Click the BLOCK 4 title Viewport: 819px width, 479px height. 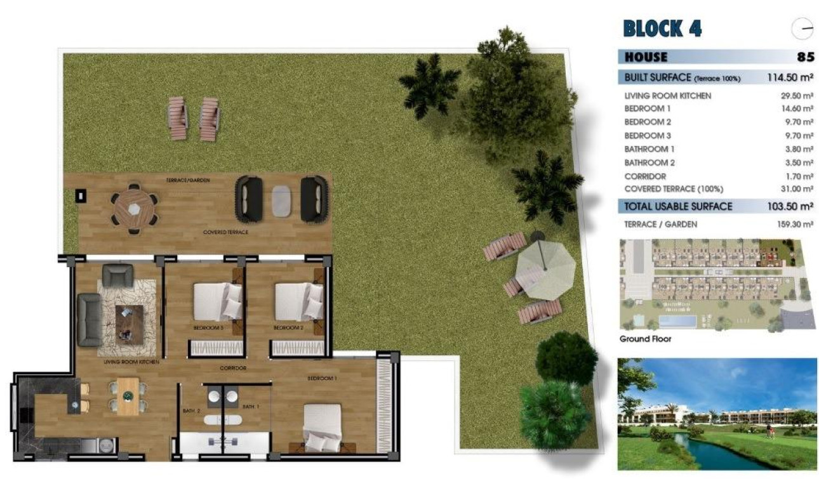663,29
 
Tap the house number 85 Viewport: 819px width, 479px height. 805,57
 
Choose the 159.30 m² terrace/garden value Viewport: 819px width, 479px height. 797,224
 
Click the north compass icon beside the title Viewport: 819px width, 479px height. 802,29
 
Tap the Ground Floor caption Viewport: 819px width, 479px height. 645,339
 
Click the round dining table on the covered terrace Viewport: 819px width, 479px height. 133,207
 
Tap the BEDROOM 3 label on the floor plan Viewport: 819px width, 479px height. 208,328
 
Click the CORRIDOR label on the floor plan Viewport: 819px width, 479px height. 233,368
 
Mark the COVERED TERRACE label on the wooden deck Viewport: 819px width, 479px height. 225,232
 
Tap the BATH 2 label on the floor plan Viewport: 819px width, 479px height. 192,410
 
